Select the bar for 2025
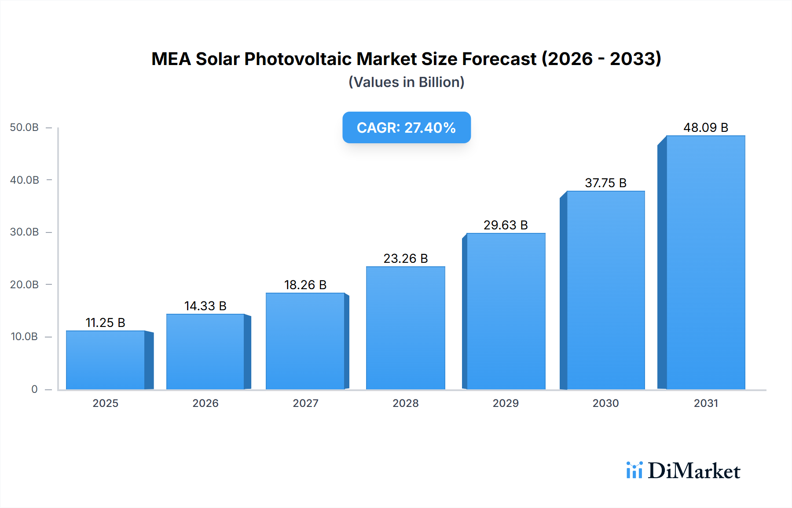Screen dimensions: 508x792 [x=106, y=360]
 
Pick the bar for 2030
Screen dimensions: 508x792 [x=605, y=290]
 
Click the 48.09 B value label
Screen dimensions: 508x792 [x=705, y=127]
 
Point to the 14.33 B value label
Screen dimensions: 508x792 [x=205, y=306]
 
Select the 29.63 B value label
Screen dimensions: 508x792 [x=505, y=225]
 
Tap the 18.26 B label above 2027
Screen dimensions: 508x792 [x=305, y=285]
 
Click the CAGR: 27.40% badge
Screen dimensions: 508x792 [x=406, y=127]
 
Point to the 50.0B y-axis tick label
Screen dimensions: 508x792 [x=24, y=127]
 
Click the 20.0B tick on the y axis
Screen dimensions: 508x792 [x=24, y=285]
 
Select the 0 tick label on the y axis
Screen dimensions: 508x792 [x=34, y=389]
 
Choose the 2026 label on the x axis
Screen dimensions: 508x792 [x=205, y=403]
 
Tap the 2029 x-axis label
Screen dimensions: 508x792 [x=505, y=403]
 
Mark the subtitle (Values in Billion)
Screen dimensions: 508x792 [x=406, y=82]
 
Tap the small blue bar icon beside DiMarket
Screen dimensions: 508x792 [x=634, y=470]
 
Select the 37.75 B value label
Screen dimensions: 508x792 [x=605, y=183]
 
